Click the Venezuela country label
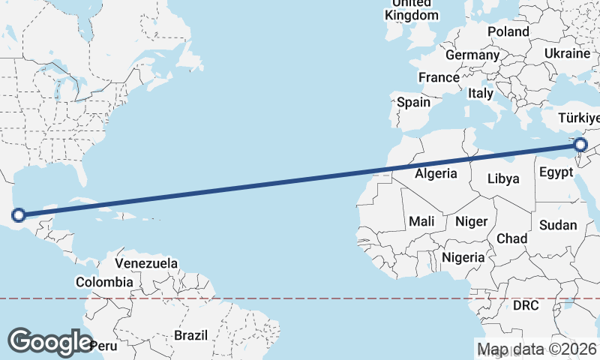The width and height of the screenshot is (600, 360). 146,263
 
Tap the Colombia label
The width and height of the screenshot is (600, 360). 104,283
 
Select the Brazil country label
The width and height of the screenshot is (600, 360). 190,335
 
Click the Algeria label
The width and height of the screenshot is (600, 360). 436,173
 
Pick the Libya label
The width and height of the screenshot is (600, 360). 502,178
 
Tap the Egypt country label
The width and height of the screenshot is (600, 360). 557,173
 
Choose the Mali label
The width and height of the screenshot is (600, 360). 422,221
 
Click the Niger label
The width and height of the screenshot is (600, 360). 471,221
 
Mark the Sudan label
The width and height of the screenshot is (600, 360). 558,225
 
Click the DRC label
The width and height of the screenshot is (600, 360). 526,305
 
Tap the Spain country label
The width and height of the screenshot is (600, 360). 414,102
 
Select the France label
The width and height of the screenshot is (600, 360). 439,77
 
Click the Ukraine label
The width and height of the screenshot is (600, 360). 567,53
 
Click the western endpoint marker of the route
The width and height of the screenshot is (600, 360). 19,216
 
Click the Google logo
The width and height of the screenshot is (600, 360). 50,341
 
